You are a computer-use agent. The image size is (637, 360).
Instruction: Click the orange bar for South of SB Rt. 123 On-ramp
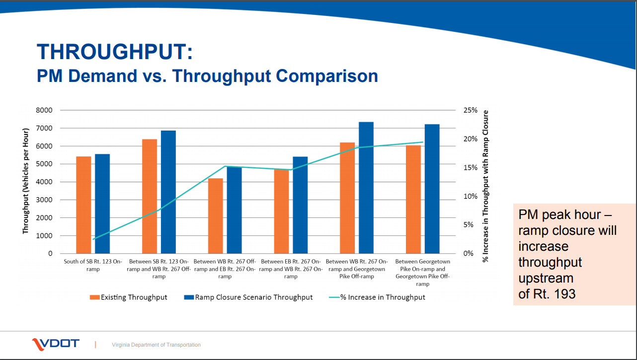tap(83, 205)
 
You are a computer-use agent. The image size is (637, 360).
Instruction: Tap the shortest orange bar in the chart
tap(215, 216)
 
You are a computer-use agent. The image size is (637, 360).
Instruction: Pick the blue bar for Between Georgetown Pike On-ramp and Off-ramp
tap(432, 189)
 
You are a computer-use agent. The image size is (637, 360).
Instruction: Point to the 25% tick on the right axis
tap(470, 110)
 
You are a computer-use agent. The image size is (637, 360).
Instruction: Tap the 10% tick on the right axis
tap(470, 196)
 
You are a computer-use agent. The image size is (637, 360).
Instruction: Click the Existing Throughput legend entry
tap(129, 297)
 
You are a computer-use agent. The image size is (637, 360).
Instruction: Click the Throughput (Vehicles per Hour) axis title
tap(26, 181)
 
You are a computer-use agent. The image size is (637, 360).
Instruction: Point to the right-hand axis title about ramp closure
tap(486, 186)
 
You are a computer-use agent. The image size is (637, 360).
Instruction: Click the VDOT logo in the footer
tap(55, 344)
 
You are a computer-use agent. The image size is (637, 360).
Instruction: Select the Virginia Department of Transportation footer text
tap(156, 345)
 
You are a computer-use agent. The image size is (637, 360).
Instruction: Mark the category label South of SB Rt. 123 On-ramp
tap(93, 265)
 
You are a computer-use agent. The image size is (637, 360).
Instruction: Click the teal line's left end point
tap(93, 239)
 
